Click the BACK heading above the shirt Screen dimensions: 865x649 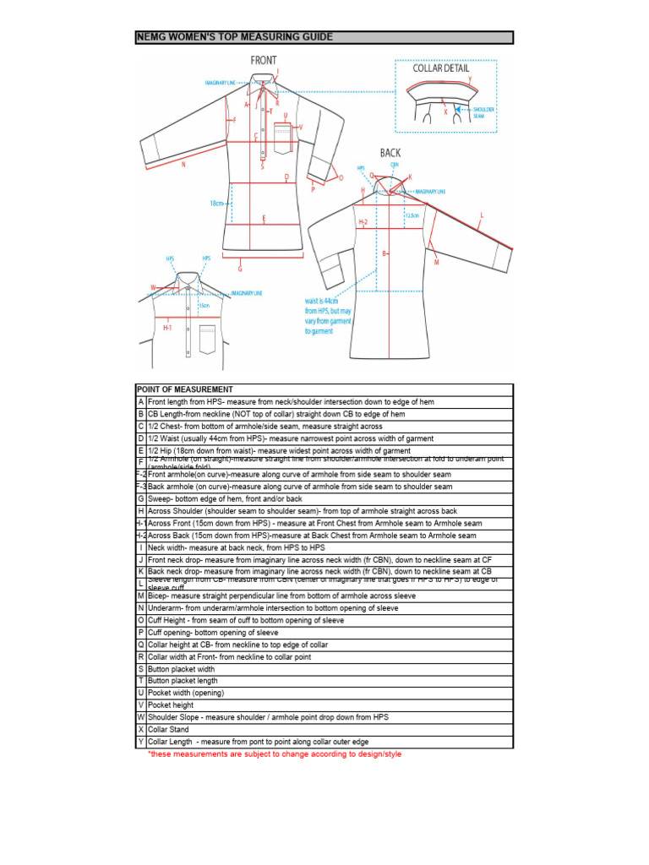[x=391, y=153]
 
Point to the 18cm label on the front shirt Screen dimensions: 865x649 [x=217, y=204]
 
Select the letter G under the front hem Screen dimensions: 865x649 [x=240, y=269]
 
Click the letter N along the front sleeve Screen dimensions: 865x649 [x=183, y=165]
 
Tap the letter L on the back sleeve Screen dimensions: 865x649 [x=482, y=215]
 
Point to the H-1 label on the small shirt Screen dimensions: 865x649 [x=168, y=327]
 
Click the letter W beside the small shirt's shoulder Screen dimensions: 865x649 [x=153, y=287]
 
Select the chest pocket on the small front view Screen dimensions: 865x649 [x=207, y=339]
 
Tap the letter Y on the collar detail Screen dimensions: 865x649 [x=470, y=79]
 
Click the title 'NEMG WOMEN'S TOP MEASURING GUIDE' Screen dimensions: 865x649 [x=235, y=37]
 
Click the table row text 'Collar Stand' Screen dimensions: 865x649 [x=168, y=729]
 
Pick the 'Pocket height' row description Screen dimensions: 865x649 [x=171, y=705]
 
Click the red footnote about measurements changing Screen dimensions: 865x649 [x=275, y=753]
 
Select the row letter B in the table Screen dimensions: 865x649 [x=140, y=414]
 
